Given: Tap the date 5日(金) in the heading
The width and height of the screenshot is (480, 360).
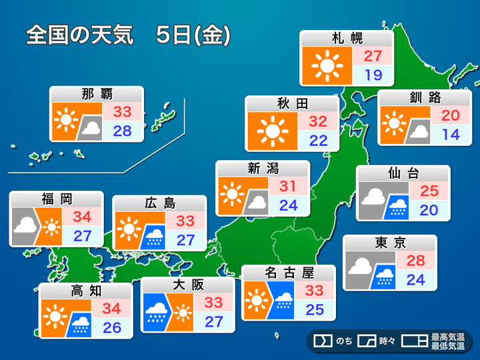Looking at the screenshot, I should click(x=193, y=35).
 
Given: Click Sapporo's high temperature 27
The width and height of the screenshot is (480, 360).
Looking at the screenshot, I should click(x=372, y=56).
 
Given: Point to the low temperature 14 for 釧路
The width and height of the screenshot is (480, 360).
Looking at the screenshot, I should click(x=450, y=134).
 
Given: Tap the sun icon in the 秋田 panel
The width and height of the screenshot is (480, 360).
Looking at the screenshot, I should click(x=272, y=130).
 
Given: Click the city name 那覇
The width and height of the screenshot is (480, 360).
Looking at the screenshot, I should click(x=97, y=94).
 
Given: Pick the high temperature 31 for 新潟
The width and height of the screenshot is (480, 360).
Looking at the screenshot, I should click(x=288, y=186).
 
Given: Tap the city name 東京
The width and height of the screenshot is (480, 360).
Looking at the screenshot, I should click(x=390, y=243).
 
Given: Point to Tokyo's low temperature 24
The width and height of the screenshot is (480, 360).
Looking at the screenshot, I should click(x=415, y=279).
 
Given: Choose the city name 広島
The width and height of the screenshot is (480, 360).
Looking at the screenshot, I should click(x=159, y=203).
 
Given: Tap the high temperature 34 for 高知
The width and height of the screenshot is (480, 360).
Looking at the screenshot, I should click(x=111, y=309).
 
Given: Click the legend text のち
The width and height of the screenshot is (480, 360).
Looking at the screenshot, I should click(x=345, y=341).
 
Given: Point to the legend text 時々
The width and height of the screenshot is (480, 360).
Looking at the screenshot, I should click(x=387, y=341).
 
